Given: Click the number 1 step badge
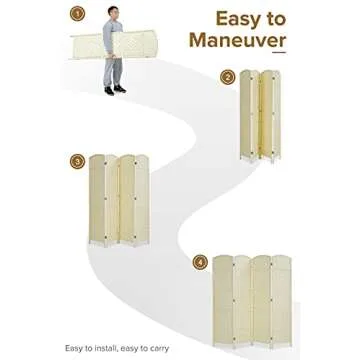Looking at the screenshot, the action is tap(77, 14).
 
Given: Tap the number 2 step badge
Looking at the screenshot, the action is tap(227, 77).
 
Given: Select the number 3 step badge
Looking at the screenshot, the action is tap(77, 162).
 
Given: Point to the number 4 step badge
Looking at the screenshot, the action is tap(200, 262).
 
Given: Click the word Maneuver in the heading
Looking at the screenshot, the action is tap(238, 40).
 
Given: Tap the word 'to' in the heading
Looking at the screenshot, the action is tap(273, 19).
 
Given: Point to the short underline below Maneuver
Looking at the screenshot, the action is tap(279, 52).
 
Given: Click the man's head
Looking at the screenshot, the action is tap(113, 13).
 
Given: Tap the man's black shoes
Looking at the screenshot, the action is tap(115, 89).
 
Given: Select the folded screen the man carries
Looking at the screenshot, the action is tap(113, 45).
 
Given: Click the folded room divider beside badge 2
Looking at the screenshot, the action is tap(260, 116).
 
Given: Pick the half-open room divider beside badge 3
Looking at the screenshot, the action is tap(119, 201).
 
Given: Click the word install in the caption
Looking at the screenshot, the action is tap(103, 348).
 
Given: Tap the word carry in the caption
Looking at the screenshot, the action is tap(159, 349).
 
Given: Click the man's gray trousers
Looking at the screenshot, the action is tap(113, 72).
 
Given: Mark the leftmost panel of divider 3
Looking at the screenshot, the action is tap(97, 199).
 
